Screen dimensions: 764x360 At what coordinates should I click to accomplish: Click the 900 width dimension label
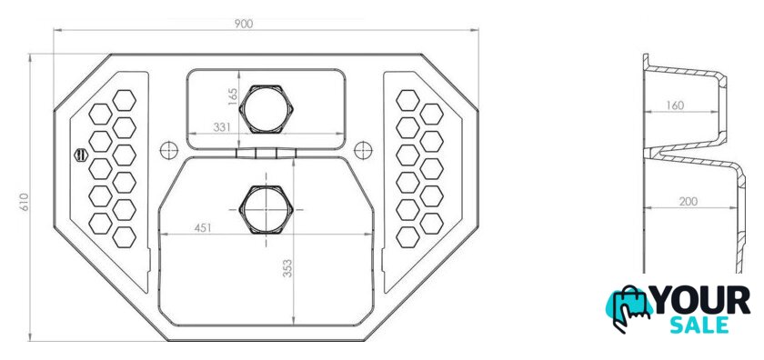[x=243, y=24]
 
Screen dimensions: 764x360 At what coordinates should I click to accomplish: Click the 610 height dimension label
[x=25, y=202]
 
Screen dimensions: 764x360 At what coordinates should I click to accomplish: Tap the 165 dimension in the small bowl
[x=233, y=96]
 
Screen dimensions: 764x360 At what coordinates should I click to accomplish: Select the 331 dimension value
[x=222, y=127]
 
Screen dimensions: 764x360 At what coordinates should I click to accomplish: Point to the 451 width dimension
[x=203, y=228]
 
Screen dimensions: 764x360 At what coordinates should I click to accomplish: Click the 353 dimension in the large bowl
[x=287, y=268]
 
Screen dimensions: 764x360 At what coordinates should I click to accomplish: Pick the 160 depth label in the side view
[x=674, y=105]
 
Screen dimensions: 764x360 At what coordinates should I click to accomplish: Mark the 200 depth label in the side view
[x=688, y=201]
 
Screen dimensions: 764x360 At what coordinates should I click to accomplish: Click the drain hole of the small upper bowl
[x=266, y=109]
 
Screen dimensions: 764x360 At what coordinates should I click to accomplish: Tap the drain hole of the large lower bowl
[x=266, y=209]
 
